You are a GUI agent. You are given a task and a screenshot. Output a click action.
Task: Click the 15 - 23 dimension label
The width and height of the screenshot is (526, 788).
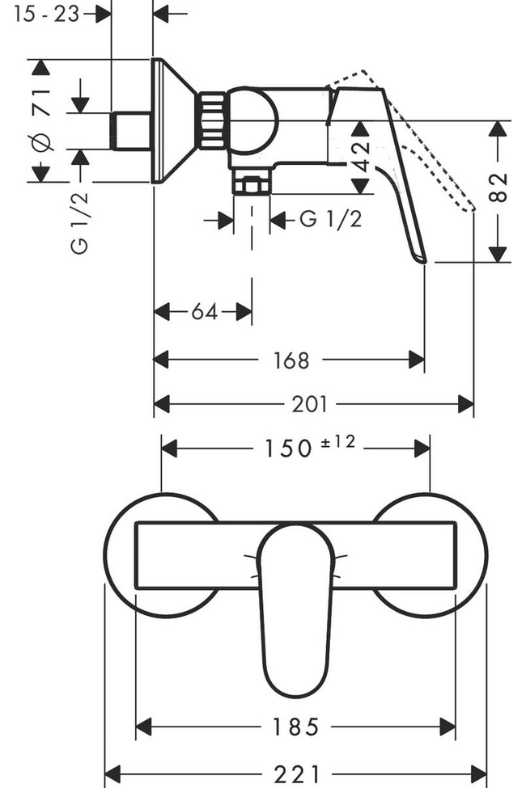point(48,14)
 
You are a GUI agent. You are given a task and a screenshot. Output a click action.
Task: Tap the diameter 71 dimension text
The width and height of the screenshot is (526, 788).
point(42,119)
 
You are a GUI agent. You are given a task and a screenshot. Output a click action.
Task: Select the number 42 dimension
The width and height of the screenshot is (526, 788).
point(361,148)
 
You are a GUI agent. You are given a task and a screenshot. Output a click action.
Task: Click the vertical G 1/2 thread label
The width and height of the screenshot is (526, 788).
point(80,220)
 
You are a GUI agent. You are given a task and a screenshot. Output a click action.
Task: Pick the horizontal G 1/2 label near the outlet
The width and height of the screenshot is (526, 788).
point(331,219)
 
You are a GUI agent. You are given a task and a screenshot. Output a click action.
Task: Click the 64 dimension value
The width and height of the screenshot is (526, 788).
point(205,311)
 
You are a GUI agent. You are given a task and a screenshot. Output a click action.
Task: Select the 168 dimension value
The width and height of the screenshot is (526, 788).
point(291,360)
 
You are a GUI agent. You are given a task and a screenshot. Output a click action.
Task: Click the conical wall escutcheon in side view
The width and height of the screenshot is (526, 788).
point(173,121)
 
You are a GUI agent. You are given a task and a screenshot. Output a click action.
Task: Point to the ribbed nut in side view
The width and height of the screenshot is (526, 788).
point(212,121)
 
